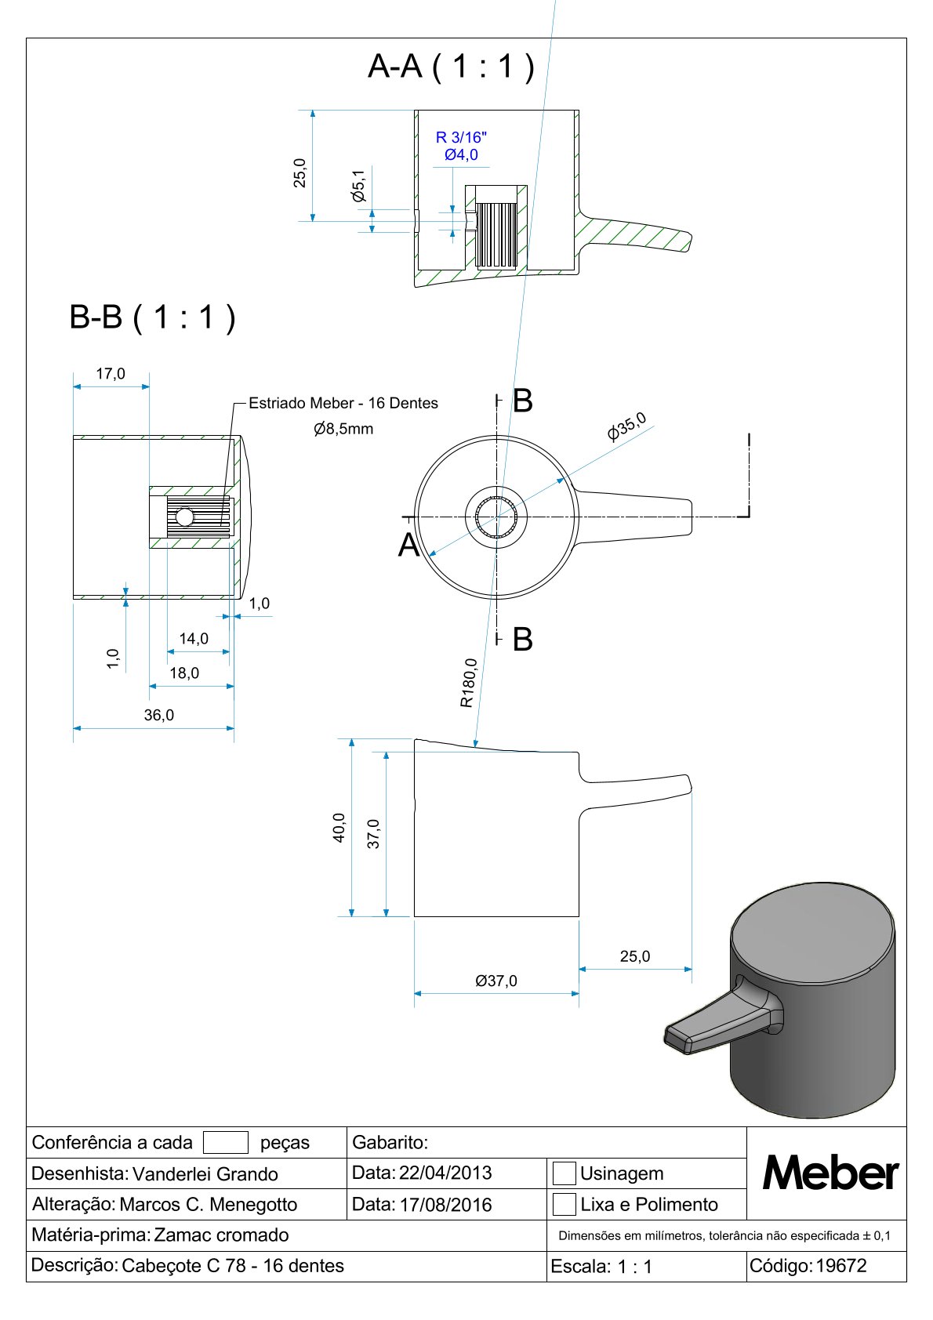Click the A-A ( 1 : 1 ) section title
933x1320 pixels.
[x=451, y=67]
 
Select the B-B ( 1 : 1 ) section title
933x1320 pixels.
[x=152, y=317]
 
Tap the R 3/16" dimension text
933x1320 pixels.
[x=461, y=138]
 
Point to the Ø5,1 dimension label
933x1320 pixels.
[x=358, y=186]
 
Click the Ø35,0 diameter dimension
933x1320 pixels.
[x=626, y=426]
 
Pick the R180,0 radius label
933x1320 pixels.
[x=468, y=683]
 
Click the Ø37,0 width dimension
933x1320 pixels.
[x=496, y=981]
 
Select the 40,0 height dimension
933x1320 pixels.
[x=339, y=827]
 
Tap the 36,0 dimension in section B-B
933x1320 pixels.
[x=159, y=715]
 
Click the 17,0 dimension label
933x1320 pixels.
[x=111, y=374]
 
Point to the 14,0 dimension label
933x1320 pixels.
[x=194, y=639]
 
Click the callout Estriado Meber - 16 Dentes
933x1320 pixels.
[x=343, y=403]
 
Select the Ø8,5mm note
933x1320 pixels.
[x=343, y=429]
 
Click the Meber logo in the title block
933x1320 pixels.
[x=830, y=1173]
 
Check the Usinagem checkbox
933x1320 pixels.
[x=565, y=1173]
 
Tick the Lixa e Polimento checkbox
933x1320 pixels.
[x=565, y=1204]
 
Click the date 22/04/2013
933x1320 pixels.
[x=445, y=1173]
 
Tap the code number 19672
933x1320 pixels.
[x=841, y=1266]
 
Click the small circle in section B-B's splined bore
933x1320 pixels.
[x=184, y=517]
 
